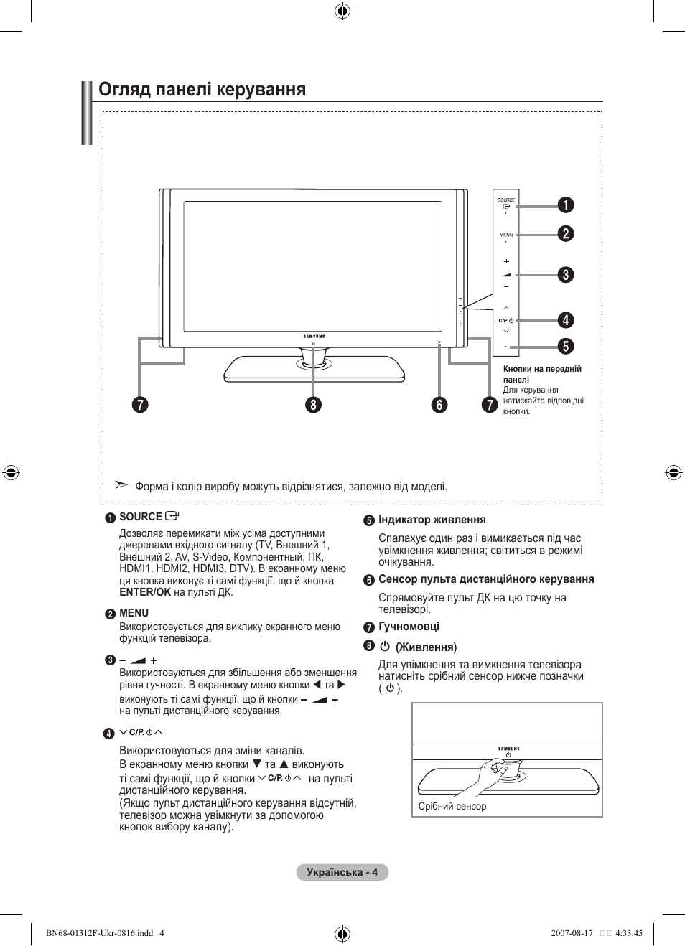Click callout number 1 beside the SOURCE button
point(566,205)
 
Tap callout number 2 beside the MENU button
point(566,234)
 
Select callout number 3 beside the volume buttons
point(566,275)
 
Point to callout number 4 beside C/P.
point(566,320)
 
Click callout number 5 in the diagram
point(566,346)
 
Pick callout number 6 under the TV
point(439,405)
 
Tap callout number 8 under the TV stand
point(313,405)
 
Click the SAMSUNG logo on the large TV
point(314,336)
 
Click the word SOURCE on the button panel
point(506,200)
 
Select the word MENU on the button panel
point(506,235)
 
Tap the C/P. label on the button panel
point(503,321)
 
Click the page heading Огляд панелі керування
point(202,90)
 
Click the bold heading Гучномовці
point(409,627)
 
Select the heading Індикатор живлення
point(432,520)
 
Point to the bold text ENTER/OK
point(145,592)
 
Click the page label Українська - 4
point(342,872)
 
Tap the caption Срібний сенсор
point(452,807)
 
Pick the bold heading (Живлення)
point(426,647)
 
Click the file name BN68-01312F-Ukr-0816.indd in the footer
point(99,933)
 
